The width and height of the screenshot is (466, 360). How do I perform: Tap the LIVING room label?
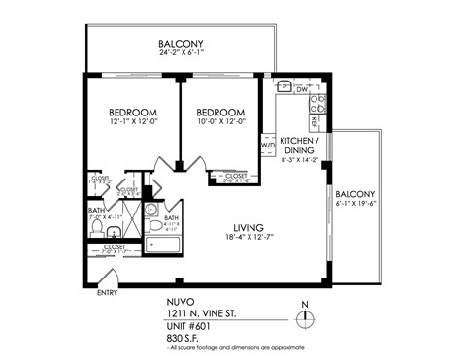pyautogui.click(x=235, y=228)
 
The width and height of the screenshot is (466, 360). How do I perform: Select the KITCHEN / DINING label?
pyautogui.click(x=300, y=146)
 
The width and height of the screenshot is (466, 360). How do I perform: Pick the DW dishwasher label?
pyautogui.click(x=302, y=90)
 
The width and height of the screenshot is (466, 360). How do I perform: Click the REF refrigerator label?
pyautogui.click(x=316, y=123)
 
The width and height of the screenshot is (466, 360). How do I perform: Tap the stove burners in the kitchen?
pyautogui.click(x=316, y=102)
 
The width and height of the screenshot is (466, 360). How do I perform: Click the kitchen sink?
pyautogui.click(x=283, y=87)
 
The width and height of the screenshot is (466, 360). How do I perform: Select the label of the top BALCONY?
pyautogui.click(x=182, y=44)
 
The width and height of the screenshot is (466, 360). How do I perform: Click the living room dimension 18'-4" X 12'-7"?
pyautogui.click(x=235, y=240)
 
